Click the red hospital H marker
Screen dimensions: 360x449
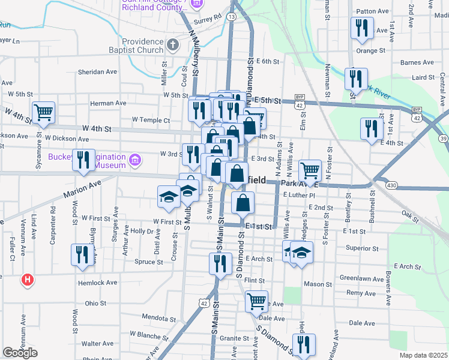[x=26, y=279]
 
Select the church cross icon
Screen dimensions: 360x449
[x=172, y=44]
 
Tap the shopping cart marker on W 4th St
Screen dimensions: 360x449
[x=43, y=112]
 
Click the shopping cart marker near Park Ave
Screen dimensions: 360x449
[x=310, y=170]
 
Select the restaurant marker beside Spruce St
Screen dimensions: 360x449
[x=82, y=254]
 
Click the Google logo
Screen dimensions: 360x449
[x=20, y=353]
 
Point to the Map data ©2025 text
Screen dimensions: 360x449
[x=424, y=355]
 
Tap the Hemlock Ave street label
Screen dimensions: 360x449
[x=97, y=282]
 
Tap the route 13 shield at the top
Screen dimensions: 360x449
[x=231, y=17]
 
